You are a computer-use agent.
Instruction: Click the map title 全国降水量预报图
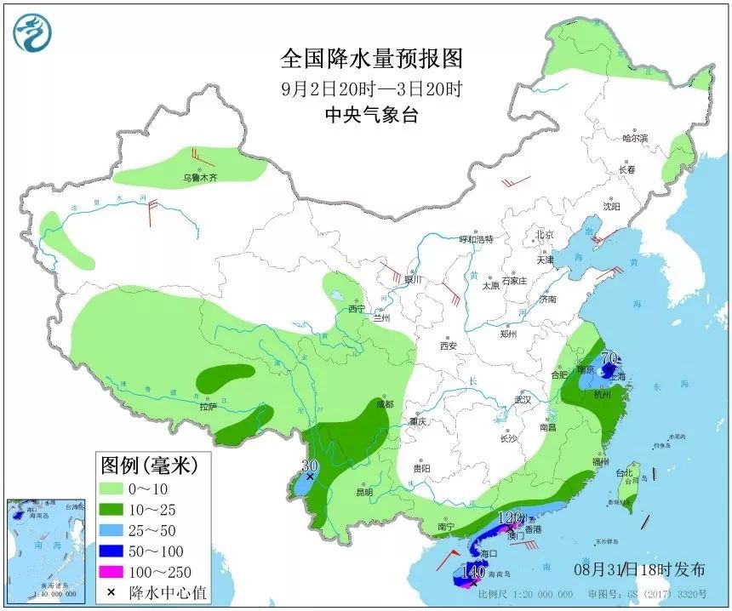[x=371, y=59]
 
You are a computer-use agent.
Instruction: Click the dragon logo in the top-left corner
[x=32, y=32]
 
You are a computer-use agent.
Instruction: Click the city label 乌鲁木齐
[x=200, y=178]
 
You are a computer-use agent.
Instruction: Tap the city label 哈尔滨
[x=635, y=138]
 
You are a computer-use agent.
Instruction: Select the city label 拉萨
[x=208, y=407]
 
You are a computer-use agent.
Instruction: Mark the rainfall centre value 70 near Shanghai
[x=609, y=358]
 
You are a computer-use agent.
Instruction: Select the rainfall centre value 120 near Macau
[x=509, y=517]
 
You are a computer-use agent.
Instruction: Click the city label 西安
[x=449, y=345]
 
